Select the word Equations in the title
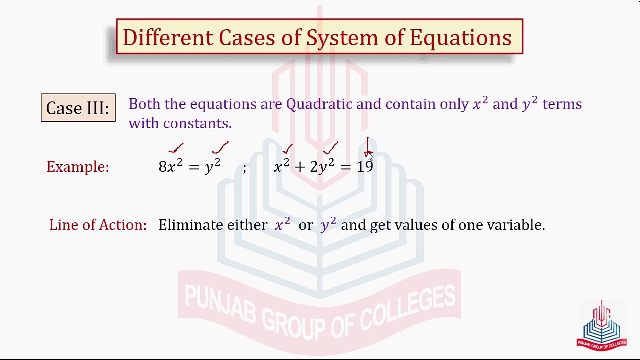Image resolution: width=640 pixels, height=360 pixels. [x=461, y=38]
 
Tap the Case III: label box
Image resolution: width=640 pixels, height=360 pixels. [x=78, y=107]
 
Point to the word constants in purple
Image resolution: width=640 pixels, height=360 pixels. [x=197, y=123]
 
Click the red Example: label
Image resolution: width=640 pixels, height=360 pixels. [x=78, y=167]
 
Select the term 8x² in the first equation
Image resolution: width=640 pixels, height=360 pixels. [x=171, y=166]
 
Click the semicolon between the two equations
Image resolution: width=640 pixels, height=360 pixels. [x=244, y=168]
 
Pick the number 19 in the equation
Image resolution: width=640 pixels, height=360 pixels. [x=365, y=167]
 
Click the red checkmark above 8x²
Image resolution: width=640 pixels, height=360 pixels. [x=176, y=148]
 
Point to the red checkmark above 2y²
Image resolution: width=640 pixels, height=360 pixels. [x=330, y=148]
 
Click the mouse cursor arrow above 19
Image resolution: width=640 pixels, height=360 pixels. [x=370, y=157]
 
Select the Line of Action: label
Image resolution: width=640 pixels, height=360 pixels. [x=98, y=225]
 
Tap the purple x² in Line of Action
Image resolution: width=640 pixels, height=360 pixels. [x=282, y=224]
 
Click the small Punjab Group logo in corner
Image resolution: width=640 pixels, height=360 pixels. [x=601, y=325]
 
